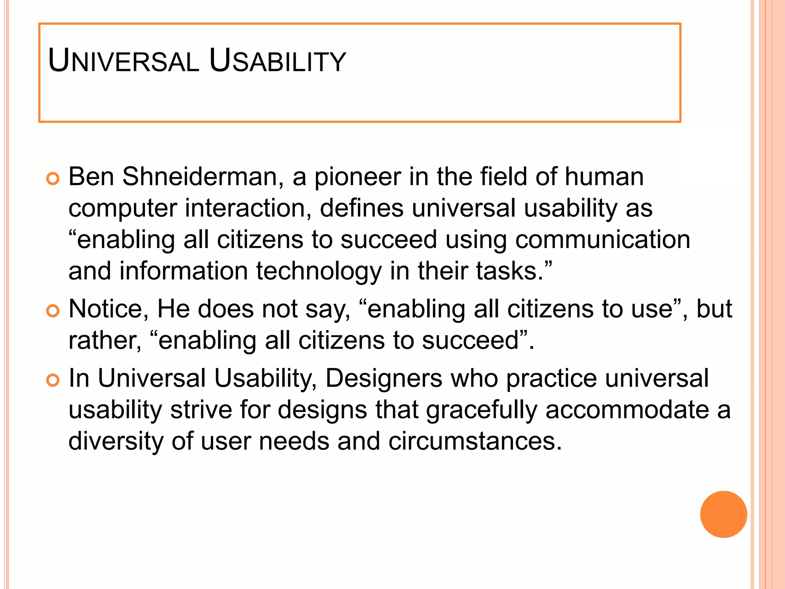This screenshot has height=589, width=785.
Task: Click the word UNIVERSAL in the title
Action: pos(123,61)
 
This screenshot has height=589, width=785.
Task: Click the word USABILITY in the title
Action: pos(278,61)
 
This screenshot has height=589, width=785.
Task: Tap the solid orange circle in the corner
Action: pos(723,514)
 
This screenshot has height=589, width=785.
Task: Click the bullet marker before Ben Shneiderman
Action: pos(53,179)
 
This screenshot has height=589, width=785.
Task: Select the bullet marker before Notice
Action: pos(53,311)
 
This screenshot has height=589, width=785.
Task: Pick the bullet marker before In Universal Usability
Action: pos(53,380)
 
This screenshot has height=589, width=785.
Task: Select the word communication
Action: pos(603,240)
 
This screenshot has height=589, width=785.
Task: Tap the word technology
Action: pos(319,271)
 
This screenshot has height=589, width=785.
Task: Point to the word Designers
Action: pos(383,379)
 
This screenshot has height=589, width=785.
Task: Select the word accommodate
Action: pos(627,410)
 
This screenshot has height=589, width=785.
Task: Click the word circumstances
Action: pos(475,441)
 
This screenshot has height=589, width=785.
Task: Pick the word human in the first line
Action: pos(604,177)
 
